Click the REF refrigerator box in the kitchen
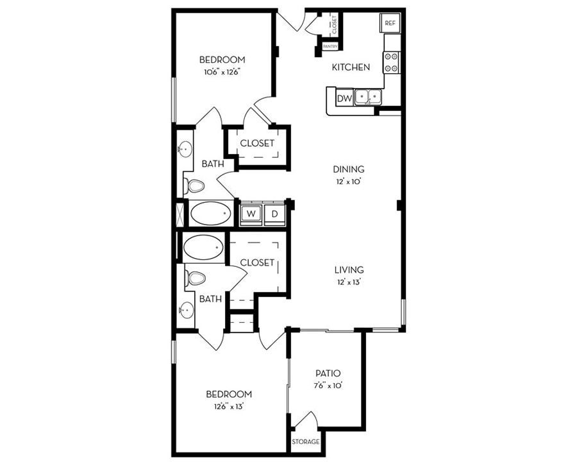pos(390,23)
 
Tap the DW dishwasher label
pos(344,98)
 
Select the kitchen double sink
pos(368,98)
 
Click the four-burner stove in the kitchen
pos(391,62)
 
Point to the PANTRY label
pos(330,46)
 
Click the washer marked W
pos(251,213)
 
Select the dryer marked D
pos(274,214)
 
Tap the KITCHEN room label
pos(351,67)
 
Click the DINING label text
pos(349,169)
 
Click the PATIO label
pos(328,373)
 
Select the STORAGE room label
pos(305,441)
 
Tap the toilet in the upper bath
pos(194,186)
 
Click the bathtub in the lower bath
pos(203,247)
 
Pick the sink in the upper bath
pos(185,150)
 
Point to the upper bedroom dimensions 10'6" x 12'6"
pos(222,73)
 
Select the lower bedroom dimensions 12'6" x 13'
pos(229,407)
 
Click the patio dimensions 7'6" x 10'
pos(328,386)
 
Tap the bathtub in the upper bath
pos(211,213)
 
